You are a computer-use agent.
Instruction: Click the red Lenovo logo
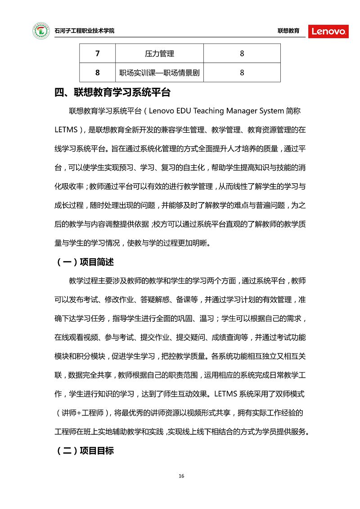(x=328, y=31)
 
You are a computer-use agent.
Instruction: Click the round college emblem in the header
(x=41, y=31)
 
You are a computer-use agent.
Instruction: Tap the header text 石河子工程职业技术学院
(x=84, y=31)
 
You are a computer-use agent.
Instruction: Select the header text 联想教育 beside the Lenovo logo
(x=288, y=31)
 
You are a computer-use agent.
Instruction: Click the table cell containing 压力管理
(x=159, y=54)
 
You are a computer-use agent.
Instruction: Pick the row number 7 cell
(x=98, y=54)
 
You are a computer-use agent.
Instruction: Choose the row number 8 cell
(x=98, y=72)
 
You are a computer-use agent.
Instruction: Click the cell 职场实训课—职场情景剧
(x=159, y=72)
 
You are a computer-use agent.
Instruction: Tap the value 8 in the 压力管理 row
(x=242, y=54)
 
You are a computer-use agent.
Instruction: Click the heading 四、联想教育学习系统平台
(x=112, y=93)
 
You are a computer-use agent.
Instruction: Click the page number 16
(x=181, y=476)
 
